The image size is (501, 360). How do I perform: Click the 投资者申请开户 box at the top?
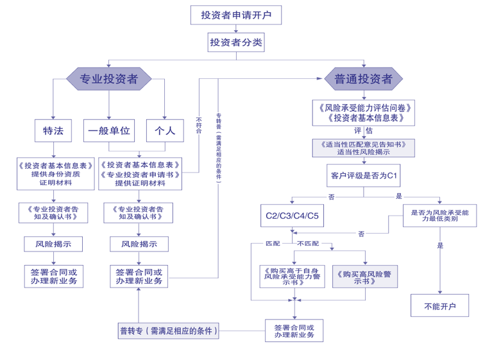tap(235, 15)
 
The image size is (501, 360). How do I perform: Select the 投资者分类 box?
tap(235, 42)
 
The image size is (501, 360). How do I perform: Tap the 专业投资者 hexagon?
tap(108, 79)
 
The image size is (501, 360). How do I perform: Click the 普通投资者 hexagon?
tap(363, 79)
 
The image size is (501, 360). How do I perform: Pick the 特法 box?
tap(53, 130)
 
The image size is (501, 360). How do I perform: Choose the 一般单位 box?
tap(109, 130)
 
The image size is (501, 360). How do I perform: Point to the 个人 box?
tap(165, 130)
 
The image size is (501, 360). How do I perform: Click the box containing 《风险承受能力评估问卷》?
tap(363, 113)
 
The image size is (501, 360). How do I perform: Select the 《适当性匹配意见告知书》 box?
tap(363, 148)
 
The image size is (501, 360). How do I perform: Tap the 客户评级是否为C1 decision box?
tap(363, 175)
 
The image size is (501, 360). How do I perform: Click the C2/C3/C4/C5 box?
tap(292, 216)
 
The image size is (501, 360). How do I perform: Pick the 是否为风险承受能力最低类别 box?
tap(439, 216)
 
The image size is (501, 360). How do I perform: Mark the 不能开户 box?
tap(439, 305)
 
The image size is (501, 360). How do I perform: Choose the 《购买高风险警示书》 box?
tap(364, 277)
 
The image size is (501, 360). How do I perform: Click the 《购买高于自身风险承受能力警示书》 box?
tap(292, 277)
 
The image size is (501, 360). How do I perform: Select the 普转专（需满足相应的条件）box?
tap(169, 331)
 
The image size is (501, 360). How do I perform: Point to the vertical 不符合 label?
tap(199, 125)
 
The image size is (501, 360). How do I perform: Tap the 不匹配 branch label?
tap(308, 244)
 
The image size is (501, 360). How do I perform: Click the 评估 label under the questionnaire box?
tap(363, 131)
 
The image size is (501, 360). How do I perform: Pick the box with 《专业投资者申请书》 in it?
tap(140, 174)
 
